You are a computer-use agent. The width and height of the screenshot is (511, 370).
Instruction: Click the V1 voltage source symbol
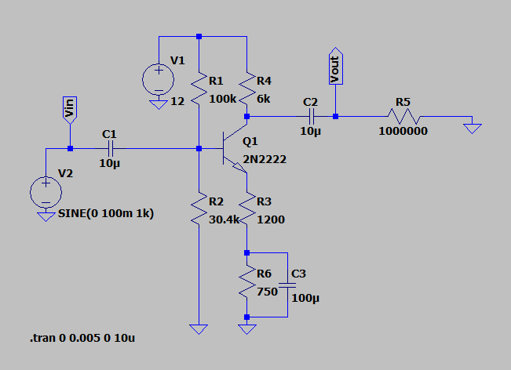(159, 78)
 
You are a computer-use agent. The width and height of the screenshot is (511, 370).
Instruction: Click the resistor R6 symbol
(247, 284)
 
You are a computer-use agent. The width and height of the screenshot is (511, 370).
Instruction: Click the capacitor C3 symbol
(287, 285)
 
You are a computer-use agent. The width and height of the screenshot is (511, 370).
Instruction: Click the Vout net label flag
(335, 68)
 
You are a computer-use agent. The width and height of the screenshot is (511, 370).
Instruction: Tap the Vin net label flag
(69, 110)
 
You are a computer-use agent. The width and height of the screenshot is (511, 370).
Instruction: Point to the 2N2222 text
(265, 160)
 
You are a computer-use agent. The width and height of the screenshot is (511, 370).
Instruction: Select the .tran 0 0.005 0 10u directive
(87, 338)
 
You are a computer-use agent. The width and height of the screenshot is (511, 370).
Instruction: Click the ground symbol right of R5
(472, 125)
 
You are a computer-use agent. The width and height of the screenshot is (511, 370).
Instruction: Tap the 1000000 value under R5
(403, 132)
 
